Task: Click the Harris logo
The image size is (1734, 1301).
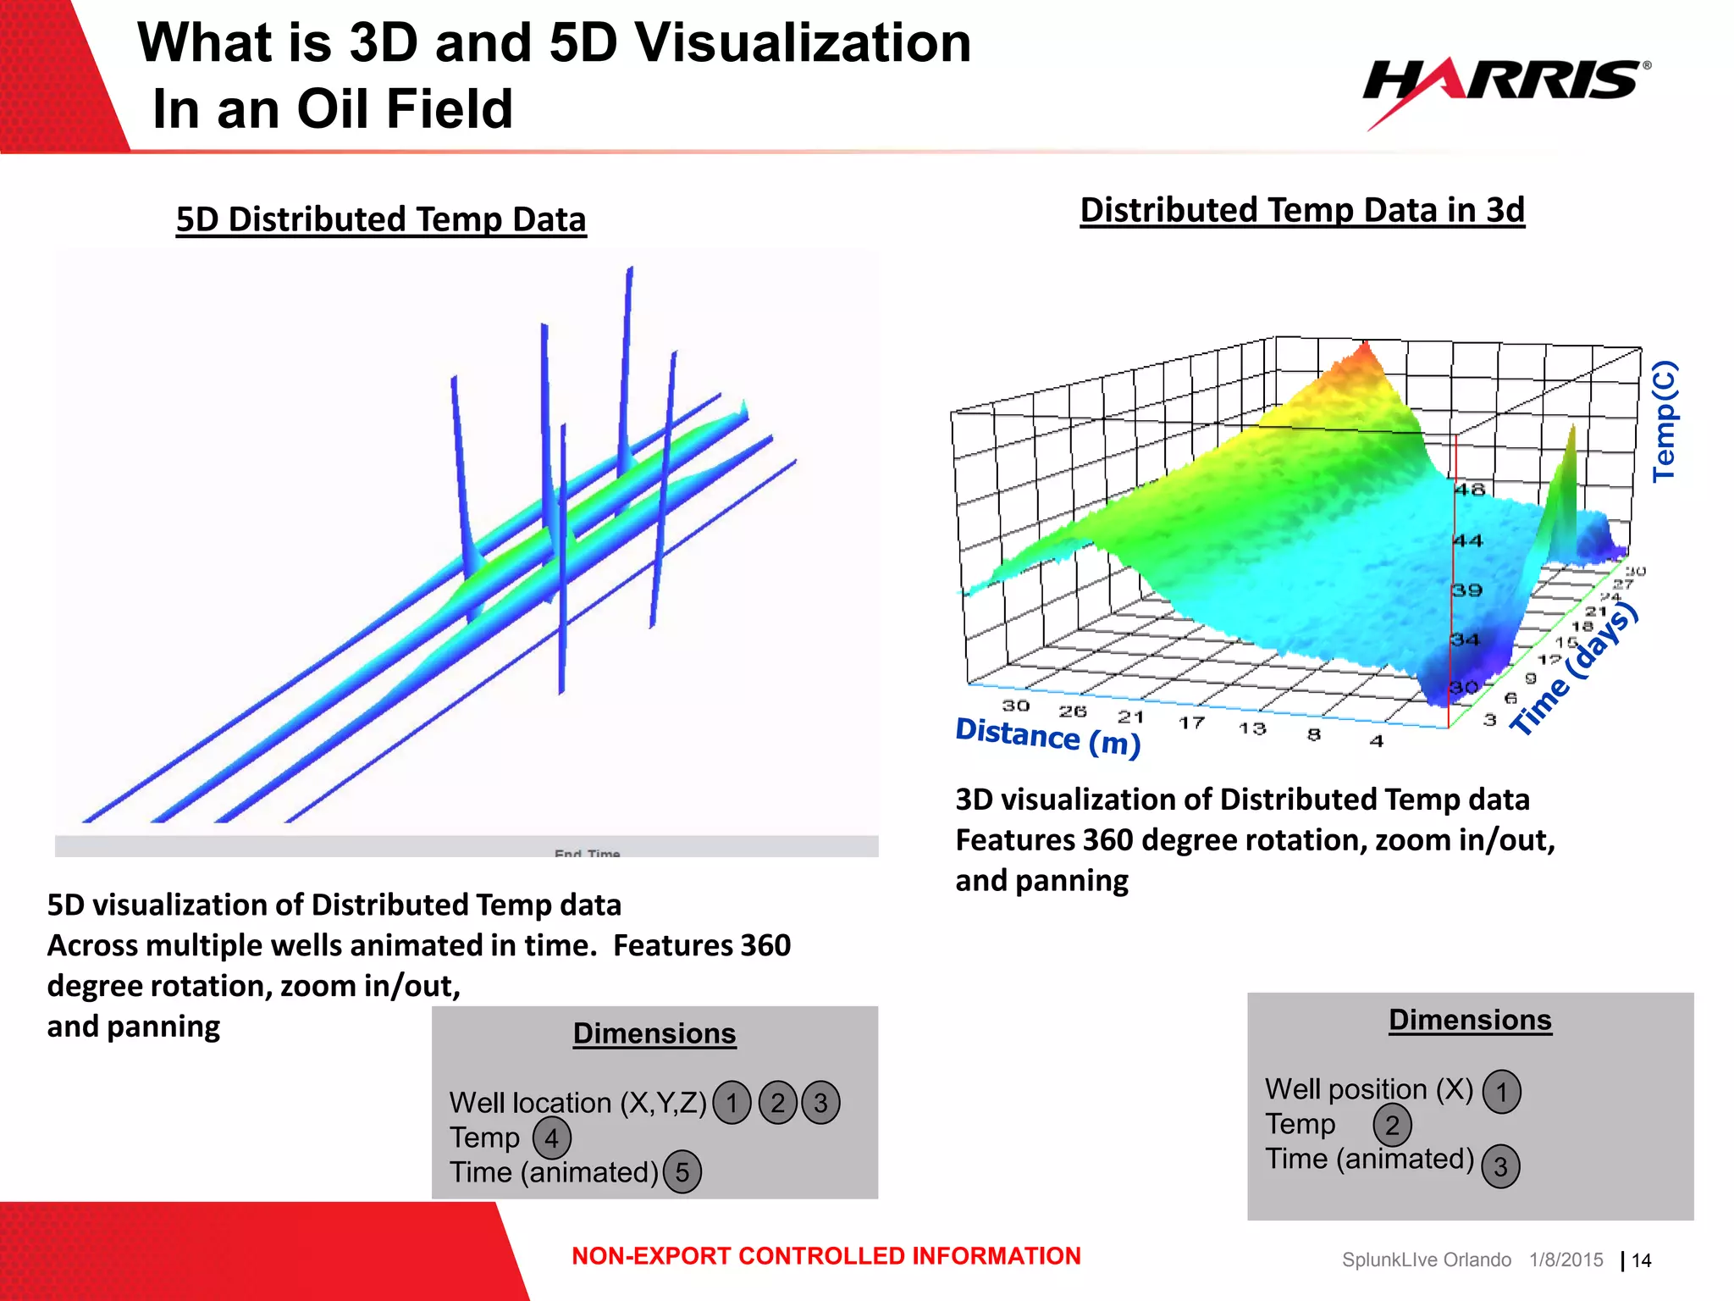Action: point(1505,82)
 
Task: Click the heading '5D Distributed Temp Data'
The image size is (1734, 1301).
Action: point(381,219)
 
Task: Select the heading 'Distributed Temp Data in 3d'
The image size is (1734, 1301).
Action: point(1302,210)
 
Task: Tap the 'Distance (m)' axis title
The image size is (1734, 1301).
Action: point(1048,736)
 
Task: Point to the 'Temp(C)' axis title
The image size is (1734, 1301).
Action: point(1665,421)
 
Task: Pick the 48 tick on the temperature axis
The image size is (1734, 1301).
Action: point(1471,490)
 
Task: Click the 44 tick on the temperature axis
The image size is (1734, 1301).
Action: point(1469,540)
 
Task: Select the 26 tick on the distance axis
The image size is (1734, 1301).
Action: point(1073,711)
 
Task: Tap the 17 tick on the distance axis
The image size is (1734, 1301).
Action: point(1192,722)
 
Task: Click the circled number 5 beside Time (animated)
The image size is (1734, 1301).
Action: point(682,1172)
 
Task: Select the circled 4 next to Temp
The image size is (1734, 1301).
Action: point(552,1138)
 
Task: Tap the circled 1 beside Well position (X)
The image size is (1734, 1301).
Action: point(1502,1091)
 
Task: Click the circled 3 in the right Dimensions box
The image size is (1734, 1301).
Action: point(1500,1166)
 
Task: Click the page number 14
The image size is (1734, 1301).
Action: point(1642,1261)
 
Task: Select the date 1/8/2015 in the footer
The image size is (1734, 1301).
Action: point(1566,1260)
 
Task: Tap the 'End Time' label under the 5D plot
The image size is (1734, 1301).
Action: point(588,853)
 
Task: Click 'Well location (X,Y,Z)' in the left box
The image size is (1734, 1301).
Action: point(577,1103)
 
